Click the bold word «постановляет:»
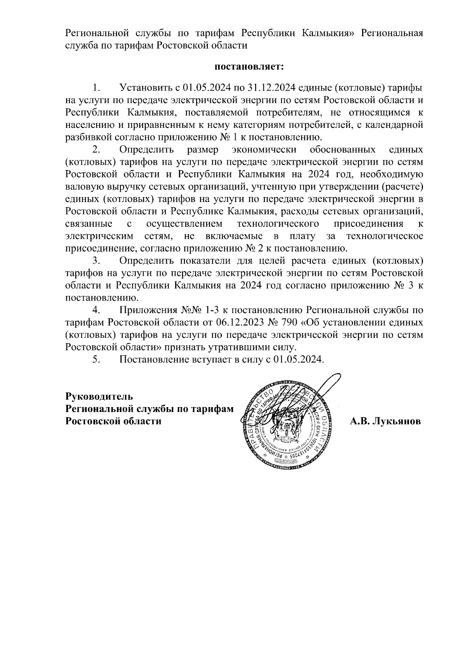[249, 67]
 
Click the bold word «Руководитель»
[99, 396]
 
